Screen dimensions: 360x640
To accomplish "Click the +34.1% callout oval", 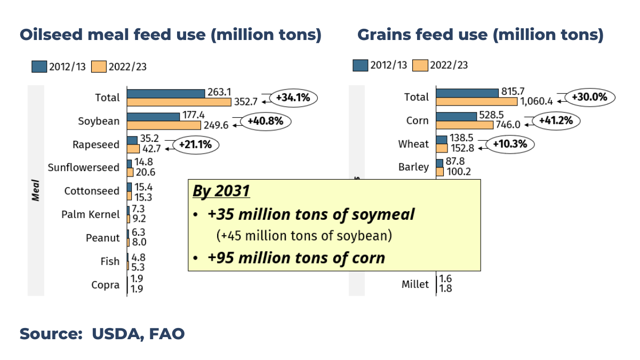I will pos(293,98).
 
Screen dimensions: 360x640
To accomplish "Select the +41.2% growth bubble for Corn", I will pos(558,121).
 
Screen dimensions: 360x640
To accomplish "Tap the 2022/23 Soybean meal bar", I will pos(164,125).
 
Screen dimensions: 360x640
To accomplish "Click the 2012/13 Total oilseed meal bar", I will pos(166,93).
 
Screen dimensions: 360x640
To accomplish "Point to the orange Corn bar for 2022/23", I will pos(465,125).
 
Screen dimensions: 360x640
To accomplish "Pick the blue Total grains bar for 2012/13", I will pos(467,93).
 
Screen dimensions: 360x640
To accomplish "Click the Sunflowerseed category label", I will pos(84,167).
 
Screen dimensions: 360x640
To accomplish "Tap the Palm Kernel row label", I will pos(90,214).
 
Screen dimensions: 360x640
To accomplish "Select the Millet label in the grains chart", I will pos(415,284).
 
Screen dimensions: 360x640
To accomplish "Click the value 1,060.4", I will pos(537,101).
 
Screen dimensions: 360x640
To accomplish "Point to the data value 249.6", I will pos(215,125).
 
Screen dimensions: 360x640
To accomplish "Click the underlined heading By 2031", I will pos(221,191).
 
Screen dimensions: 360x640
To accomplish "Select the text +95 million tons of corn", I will pos(296,258).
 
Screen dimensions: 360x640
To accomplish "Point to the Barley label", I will pos(413,167).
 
